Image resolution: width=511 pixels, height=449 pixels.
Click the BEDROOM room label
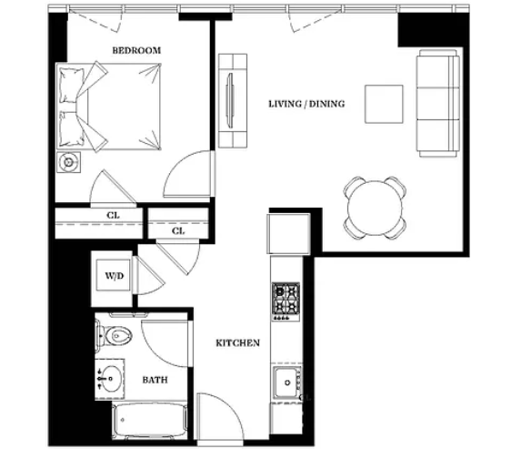[136, 51]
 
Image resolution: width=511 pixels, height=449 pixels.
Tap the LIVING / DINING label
[306, 104]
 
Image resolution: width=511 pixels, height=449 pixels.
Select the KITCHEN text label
[238, 342]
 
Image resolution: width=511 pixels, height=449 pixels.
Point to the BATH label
[155, 380]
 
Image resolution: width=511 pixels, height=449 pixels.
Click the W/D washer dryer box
[115, 276]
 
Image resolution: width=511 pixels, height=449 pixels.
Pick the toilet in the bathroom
[114, 335]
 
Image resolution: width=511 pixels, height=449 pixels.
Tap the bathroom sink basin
[111, 379]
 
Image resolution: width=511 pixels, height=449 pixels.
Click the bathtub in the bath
[150, 421]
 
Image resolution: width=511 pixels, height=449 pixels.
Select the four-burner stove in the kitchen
[286, 301]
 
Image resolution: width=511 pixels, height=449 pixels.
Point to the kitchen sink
[286, 383]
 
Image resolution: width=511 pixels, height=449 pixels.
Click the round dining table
[375, 208]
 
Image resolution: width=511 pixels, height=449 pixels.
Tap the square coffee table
[384, 104]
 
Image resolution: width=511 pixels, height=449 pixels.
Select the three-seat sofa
[438, 104]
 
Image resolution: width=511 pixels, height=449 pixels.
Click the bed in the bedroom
[109, 107]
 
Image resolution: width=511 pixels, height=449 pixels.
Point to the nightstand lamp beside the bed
[68, 162]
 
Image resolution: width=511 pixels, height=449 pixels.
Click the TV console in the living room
[233, 100]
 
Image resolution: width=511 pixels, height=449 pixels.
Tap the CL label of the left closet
[113, 216]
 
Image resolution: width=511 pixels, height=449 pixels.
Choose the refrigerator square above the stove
[288, 233]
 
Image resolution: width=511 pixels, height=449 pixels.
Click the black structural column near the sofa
[434, 30]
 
